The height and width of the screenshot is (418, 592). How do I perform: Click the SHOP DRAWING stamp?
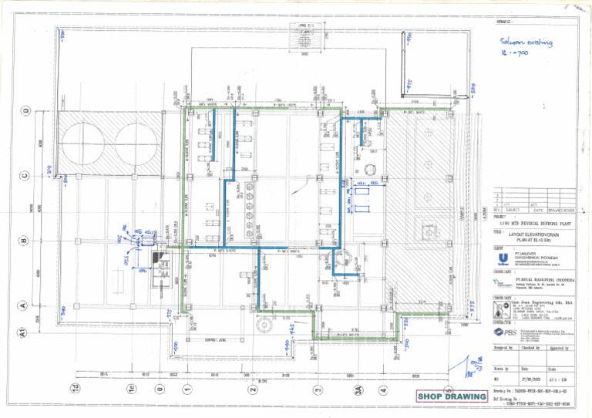pyautogui.click(x=452, y=396)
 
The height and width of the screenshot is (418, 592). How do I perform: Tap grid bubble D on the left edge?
pyautogui.click(x=26, y=111)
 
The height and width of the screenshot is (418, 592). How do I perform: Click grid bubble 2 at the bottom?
pyautogui.click(x=253, y=390)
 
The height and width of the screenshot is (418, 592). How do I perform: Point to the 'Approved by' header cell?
pyautogui.click(x=559, y=349)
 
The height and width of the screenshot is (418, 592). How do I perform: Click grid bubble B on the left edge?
pyautogui.click(x=26, y=241)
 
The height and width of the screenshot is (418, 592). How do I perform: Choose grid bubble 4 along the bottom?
pyautogui.click(x=383, y=390)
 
